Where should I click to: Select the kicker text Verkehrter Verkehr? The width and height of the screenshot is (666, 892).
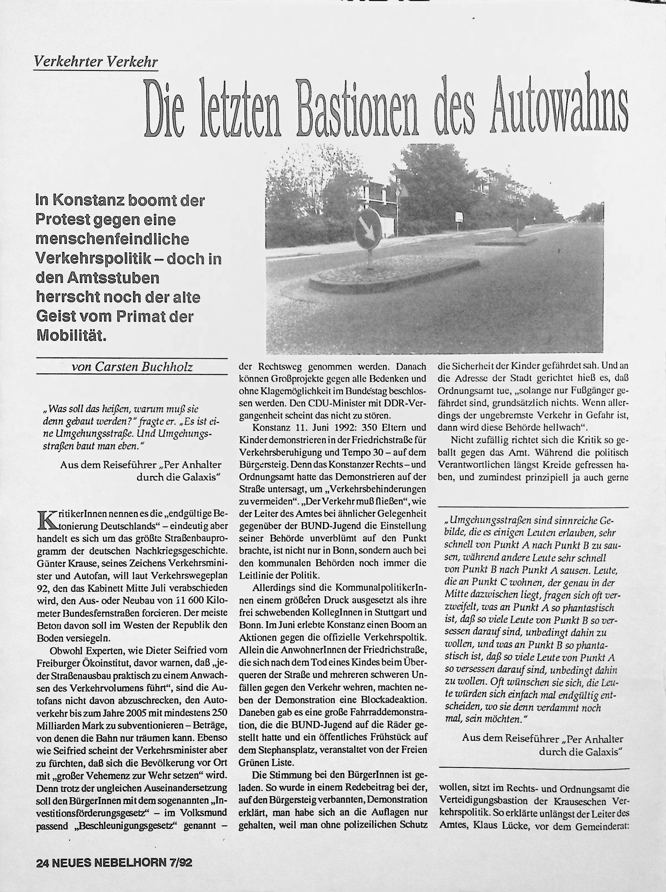tap(96, 62)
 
